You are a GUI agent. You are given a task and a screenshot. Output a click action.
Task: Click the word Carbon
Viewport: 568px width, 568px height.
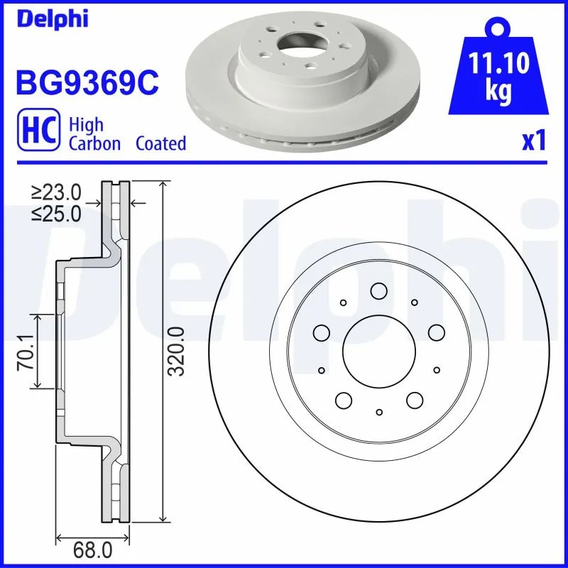[95, 143]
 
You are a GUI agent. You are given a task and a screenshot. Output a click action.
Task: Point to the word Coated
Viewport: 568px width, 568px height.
[160, 143]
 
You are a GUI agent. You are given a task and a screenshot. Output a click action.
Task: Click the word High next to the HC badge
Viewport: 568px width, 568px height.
[86, 125]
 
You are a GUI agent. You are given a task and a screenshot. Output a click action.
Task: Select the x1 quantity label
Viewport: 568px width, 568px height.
[533, 141]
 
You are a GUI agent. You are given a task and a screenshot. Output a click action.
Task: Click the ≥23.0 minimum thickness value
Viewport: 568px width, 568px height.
[56, 192]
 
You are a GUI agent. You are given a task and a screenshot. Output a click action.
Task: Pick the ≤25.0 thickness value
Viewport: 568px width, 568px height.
[56, 213]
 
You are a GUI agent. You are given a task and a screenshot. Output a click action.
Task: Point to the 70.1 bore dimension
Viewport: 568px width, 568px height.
[27, 351]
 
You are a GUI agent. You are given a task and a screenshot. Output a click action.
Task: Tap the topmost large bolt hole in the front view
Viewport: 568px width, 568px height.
[379, 290]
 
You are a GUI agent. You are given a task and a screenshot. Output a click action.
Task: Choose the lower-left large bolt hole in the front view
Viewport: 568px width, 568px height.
[344, 400]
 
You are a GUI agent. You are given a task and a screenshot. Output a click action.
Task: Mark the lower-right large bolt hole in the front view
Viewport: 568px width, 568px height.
[415, 400]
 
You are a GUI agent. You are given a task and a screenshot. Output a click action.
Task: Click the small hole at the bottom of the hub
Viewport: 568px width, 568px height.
[379, 412]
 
